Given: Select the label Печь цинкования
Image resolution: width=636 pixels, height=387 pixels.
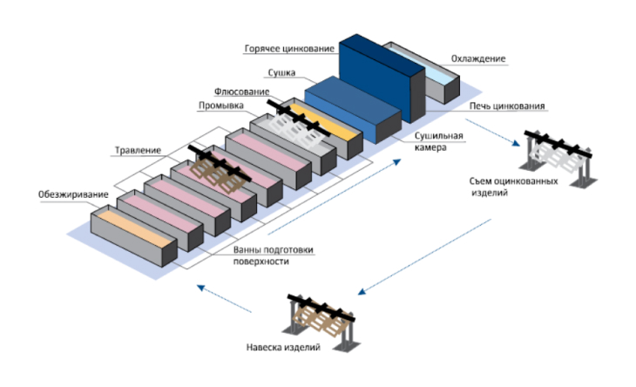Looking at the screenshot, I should pos(507,107).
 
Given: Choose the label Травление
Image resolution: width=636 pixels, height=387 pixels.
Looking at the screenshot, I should pos(138,151).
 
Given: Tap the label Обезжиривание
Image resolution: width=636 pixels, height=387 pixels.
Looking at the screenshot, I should pos(73,193).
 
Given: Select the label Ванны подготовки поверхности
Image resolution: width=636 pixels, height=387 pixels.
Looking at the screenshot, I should pos(273,255).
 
